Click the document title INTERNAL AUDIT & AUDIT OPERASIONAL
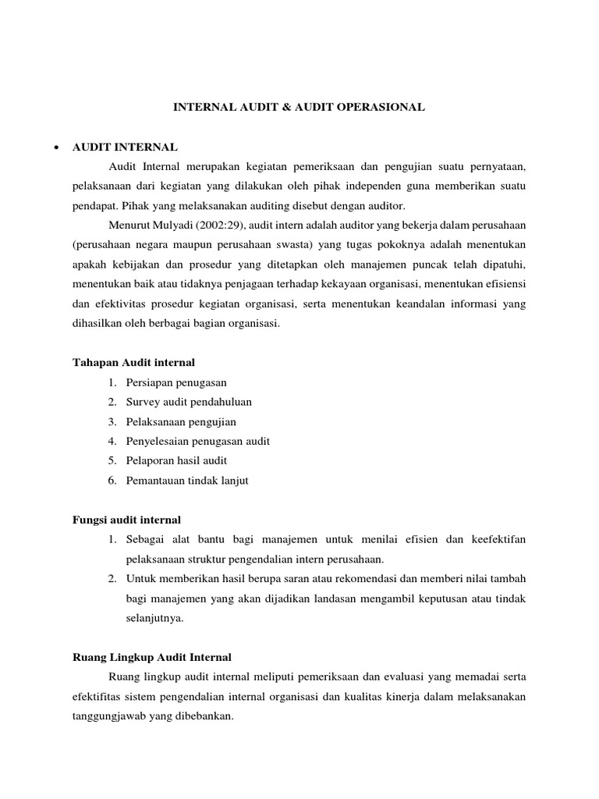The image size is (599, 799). pyautogui.click(x=299, y=108)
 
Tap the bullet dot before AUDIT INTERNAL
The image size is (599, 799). pyautogui.click(x=55, y=147)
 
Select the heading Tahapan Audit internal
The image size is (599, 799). pyautogui.click(x=133, y=362)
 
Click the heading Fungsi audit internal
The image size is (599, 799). pyautogui.click(x=126, y=519)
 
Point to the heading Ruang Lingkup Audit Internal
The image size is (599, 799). pyautogui.click(x=151, y=657)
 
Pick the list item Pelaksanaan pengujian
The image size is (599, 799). pyautogui.click(x=181, y=421)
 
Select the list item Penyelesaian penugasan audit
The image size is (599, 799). pyautogui.click(x=198, y=441)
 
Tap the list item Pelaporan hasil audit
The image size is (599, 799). pyautogui.click(x=176, y=460)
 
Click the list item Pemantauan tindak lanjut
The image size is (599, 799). pyautogui.click(x=187, y=480)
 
